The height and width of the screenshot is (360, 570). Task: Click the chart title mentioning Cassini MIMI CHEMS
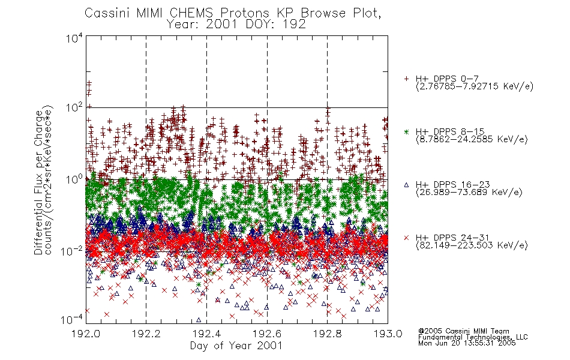(233, 13)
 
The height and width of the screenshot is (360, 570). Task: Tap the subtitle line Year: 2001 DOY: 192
(236, 25)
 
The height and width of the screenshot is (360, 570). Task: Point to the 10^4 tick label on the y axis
(74, 38)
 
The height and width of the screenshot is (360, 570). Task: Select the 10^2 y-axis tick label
(74, 108)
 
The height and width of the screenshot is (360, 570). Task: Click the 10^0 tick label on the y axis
(74, 180)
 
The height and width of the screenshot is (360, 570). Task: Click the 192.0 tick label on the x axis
(86, 334)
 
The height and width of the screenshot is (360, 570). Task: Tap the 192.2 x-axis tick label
(146, 334)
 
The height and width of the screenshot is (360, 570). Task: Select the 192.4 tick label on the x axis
(206, 334)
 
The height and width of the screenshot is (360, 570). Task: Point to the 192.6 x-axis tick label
(267, 334)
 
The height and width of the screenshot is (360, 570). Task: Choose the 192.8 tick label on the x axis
(327, 334)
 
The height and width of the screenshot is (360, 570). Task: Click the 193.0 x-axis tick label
(388, 334)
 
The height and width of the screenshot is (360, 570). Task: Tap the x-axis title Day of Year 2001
(236, 346)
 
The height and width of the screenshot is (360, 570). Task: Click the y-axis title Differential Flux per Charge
(38, 182)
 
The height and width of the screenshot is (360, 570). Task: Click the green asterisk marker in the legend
(406, 131)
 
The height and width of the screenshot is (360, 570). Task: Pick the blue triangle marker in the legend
(406, 185)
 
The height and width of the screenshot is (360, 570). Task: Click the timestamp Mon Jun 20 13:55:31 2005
(467, 343)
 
